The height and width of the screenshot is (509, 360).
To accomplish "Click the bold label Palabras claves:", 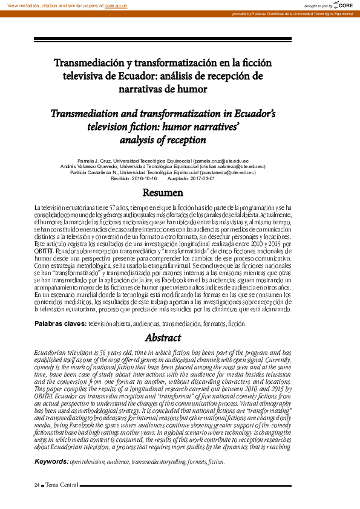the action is (x=61, y=324).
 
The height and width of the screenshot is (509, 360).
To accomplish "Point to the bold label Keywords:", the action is (x=51, y=461).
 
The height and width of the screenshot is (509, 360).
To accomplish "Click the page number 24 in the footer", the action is (x=36, y=485).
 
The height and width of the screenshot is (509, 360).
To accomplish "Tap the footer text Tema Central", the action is (x=61, y=485).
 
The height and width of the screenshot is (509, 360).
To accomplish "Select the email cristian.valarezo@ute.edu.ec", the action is (x=234, y=167).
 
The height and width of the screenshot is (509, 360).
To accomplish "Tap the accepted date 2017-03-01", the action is (x=199, y=179).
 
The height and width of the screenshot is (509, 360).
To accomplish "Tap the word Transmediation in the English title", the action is (x=88, y=113).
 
